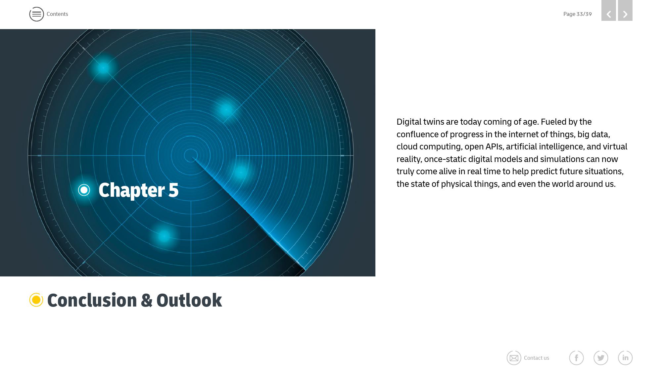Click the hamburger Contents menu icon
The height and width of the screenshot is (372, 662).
point(36,14)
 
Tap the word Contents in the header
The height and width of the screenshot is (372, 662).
point(57,14)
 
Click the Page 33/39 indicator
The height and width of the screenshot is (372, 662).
point(577,14)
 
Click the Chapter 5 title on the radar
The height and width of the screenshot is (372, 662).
point(138,190)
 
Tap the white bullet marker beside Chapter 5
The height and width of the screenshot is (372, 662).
point(84,190)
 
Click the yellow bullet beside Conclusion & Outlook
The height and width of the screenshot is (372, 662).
point(36,300)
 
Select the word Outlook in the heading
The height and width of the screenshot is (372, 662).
point(189,300)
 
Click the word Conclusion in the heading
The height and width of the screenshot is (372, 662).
point(92,300)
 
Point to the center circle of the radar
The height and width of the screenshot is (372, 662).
point(191,155)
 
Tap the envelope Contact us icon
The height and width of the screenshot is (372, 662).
point(514,358)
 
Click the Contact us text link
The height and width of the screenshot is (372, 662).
point(537,358)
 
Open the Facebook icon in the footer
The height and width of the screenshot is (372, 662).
point(576,358)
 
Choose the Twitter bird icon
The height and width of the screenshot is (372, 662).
point(601,358)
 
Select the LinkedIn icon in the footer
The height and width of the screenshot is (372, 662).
point(625,358)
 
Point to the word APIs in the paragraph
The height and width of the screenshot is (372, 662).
point(495,147)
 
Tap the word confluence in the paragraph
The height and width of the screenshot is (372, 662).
point(417,134)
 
